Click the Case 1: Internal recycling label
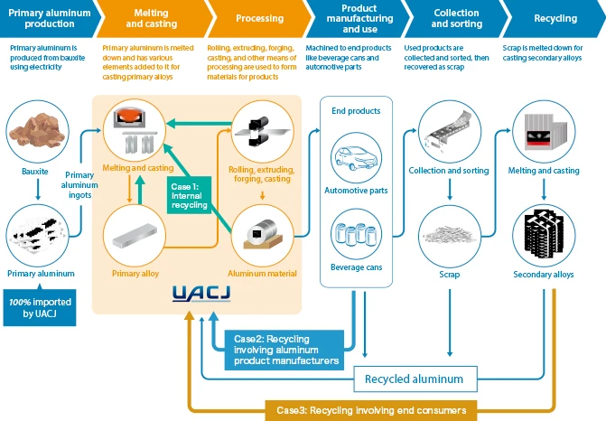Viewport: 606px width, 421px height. (190, 192)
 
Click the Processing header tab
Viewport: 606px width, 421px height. (259, 18)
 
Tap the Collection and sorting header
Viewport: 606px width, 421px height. (456, 18)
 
